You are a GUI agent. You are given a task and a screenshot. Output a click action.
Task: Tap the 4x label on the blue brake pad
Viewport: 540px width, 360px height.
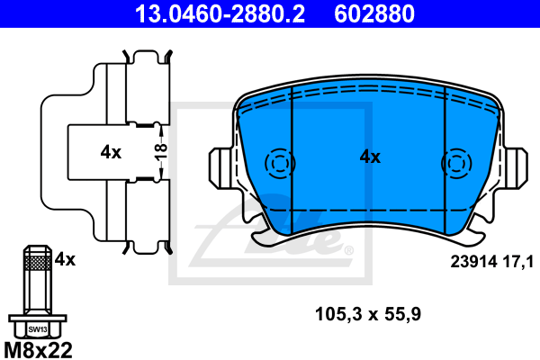(370, 157)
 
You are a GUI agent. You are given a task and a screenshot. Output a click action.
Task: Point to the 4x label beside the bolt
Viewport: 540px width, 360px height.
(65, 259)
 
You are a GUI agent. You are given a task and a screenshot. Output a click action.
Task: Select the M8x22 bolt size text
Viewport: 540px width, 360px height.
(38, 347)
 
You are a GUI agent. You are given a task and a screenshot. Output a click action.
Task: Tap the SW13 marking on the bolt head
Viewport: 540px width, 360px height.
(36, 328)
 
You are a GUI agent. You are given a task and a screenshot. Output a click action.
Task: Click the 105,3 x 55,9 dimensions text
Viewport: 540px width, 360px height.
(367, 314)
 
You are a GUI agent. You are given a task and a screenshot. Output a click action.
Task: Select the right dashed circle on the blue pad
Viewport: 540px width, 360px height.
(456, 164)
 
